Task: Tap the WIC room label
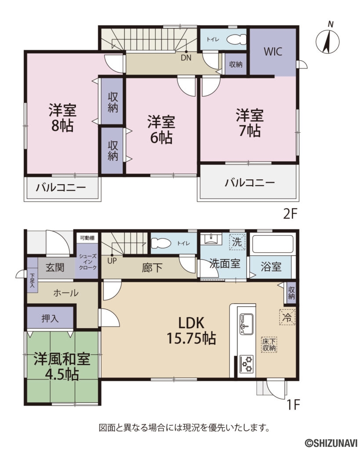pyautogui.click(x=273, y=51)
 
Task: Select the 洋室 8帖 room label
pyautogui.click(x=61, y=117)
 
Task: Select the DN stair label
pyautogui.click(x=186, y=57)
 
